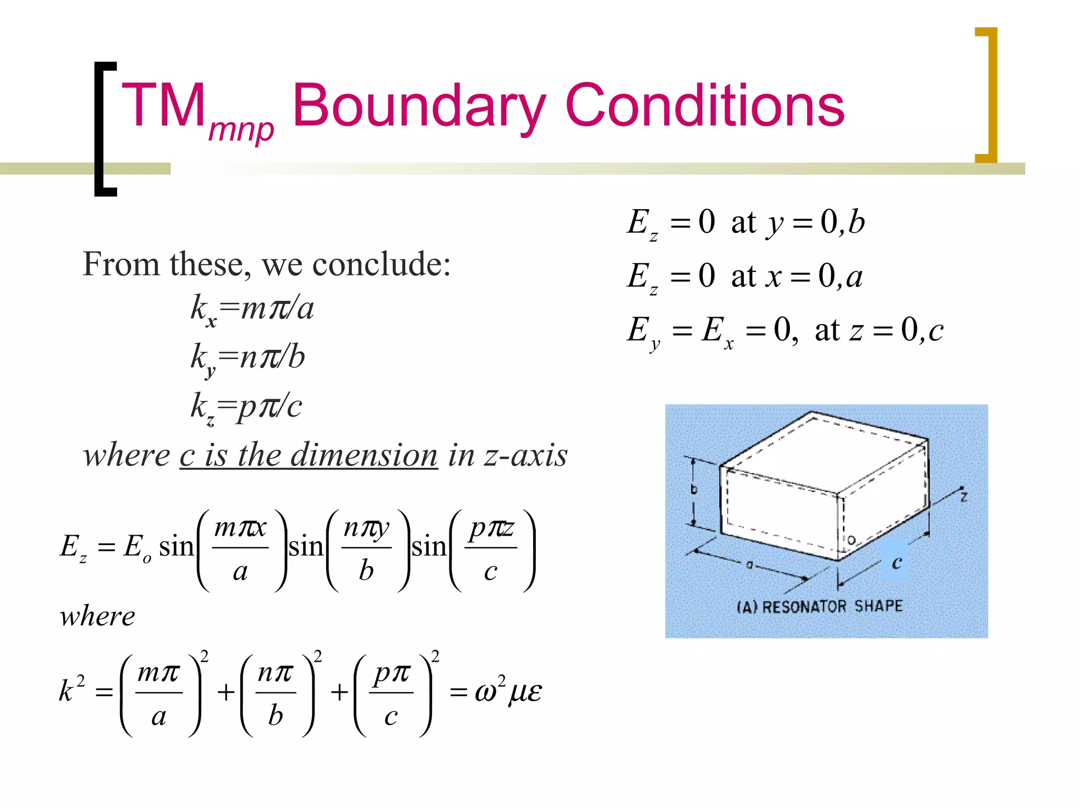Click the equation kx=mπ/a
click(252, 309)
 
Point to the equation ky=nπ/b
click(248, 358)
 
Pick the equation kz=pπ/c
click(246, 407)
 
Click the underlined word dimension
click(364, 455)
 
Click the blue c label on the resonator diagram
click(896, 561)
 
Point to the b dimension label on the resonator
click(694, 490)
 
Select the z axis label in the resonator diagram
click(964, 497)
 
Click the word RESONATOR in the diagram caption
click(806, 607)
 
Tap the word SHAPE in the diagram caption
click(878, 606)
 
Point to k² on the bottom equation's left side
click(71, 690)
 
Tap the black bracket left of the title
click(104, 129)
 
